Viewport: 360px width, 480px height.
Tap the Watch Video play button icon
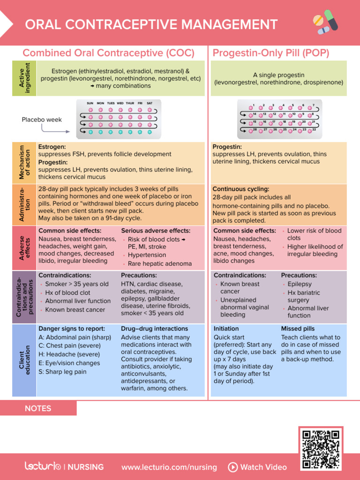coord(233,467)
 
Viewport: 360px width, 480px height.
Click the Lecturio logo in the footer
coord(43,467)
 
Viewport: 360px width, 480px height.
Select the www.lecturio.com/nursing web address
coord(169,467)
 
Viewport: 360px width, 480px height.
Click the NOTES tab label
coord(38,408)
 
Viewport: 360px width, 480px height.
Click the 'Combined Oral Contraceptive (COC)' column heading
coord(109,52)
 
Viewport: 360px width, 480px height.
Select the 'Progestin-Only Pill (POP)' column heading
coord(271,52)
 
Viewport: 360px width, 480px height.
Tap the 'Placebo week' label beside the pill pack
coord(42,120)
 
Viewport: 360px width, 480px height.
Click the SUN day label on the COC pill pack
coord(90,103)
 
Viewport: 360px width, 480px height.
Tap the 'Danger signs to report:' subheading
coord(72,329)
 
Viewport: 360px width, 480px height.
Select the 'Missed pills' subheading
coord(298,329)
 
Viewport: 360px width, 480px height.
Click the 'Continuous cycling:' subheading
coord(241,189)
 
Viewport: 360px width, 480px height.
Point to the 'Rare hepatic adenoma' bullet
coord(159,263)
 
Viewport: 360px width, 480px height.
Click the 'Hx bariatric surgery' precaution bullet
coord(304,296)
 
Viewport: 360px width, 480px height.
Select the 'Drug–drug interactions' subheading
coord(154,329)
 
